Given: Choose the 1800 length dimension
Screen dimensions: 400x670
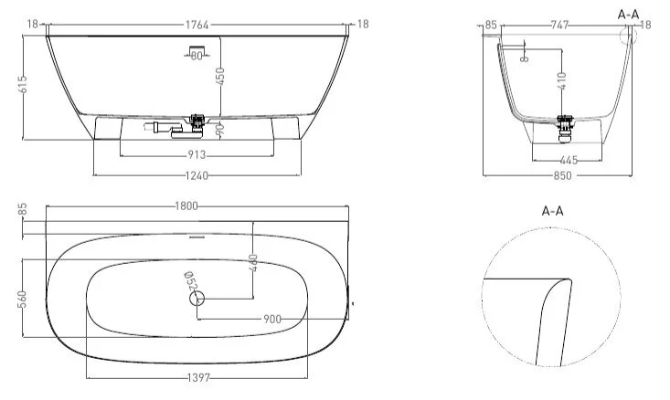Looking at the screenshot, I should pyautogui.click(x=186, y=205).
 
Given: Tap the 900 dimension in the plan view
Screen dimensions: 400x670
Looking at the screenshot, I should pyautogui.click(x=271, y=319).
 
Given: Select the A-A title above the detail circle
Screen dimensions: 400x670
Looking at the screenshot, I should pyautogui.click(x=552, y=210).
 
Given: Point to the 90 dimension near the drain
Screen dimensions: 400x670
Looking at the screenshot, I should pyautogui.click(x=220, y=131).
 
